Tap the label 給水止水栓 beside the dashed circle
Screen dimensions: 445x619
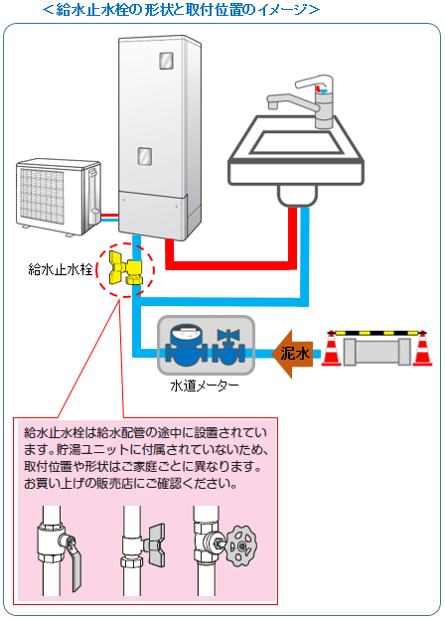point(61,269)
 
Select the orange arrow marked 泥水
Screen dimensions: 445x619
point(292,354)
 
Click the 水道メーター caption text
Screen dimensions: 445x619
point(205,386)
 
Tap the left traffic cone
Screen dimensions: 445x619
point(332,349)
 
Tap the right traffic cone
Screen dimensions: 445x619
point(422,349)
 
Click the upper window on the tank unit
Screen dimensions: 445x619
point(167,61)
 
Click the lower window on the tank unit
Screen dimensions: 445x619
point(145,156)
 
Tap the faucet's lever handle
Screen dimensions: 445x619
point(312,81)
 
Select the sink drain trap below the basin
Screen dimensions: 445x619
point(298,196)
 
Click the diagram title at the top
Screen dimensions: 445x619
point(181,10)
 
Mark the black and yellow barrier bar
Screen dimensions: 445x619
point(377,333)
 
